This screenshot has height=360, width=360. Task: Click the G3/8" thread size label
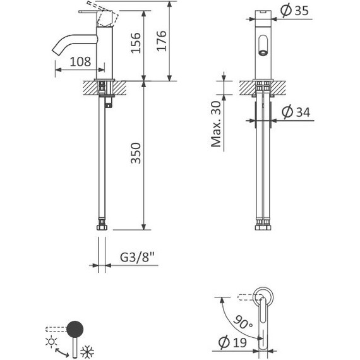(138, 258)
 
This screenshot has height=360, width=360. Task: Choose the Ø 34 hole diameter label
(296, 113)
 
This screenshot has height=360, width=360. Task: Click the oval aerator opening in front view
(262, 46)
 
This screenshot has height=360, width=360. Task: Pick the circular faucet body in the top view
(263, 296)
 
